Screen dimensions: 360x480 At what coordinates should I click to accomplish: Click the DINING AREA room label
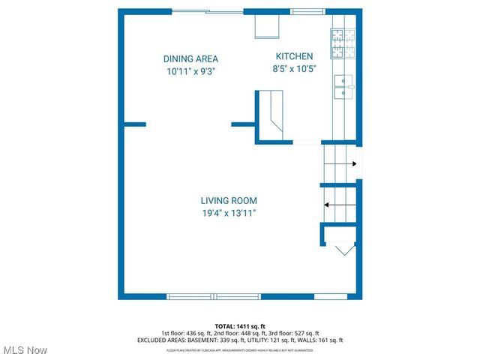190,58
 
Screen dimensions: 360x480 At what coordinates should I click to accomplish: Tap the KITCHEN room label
295,56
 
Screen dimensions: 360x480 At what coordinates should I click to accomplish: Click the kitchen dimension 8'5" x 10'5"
295,69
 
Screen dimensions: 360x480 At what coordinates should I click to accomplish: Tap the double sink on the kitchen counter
343,86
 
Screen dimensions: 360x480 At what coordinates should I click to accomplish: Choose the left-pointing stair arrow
339,203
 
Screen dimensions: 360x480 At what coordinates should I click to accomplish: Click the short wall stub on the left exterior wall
134,124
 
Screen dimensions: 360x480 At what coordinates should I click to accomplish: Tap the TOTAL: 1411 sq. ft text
239,326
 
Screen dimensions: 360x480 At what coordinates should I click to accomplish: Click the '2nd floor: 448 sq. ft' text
240,333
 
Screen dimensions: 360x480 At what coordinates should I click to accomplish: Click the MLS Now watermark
25,350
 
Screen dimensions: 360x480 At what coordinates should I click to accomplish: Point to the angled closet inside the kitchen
272,112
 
